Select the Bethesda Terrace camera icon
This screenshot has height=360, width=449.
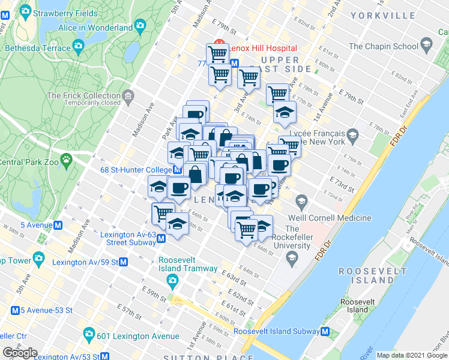tap(77, 46)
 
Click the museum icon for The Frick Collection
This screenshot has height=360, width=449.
tap(127, 96)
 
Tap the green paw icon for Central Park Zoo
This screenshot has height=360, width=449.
tap(65, 160)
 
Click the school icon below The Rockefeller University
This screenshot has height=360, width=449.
tap(292, 259)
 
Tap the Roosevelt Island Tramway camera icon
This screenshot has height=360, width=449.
tap(173, 280)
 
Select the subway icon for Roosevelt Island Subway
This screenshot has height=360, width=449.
tap(325, 331)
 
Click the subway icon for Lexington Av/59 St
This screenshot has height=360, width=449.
tap(123, 262)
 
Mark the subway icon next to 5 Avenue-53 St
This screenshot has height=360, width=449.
tap(15, 310)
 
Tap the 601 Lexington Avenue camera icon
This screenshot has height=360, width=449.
tap(89, 334)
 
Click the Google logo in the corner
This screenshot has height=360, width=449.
tap(20, 353)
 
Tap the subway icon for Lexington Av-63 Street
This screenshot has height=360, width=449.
tap(161, 239)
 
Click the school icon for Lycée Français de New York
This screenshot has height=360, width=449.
tap(352, 133)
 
